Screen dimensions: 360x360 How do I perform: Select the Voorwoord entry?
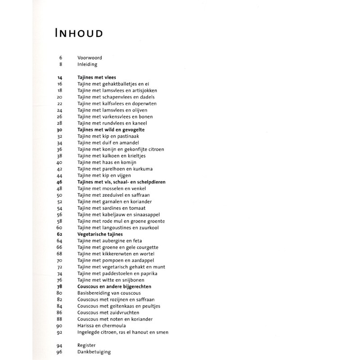point(90,58)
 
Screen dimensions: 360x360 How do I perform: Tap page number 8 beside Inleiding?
point(60,64)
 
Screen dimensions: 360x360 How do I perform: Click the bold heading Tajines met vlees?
point(96,77)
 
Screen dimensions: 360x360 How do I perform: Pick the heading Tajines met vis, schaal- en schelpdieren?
point(121,182)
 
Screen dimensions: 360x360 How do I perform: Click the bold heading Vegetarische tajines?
point(100,234)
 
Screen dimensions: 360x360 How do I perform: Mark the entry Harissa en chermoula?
point(101,325)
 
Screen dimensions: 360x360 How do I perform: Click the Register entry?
point(87,345)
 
